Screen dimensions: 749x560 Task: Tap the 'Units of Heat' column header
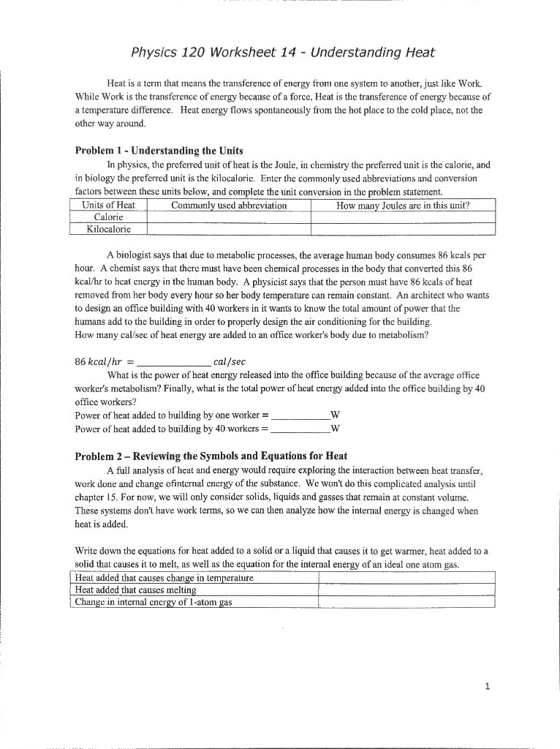(x=108, y=206)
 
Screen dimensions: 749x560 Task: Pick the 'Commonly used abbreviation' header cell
(x=229, y=206)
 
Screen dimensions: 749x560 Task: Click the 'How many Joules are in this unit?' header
(x=403, y=206)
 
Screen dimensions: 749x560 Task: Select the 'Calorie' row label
(x=108, y=217)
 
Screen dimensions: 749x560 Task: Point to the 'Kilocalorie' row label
(x=108, y=229)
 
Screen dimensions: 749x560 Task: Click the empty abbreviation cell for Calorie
(x=229, y=217)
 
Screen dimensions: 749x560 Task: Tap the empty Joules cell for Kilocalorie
(x=403, y=229)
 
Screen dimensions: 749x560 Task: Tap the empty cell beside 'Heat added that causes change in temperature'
(x=407, y=578)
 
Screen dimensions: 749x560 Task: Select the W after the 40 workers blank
(x=335, y=428)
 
